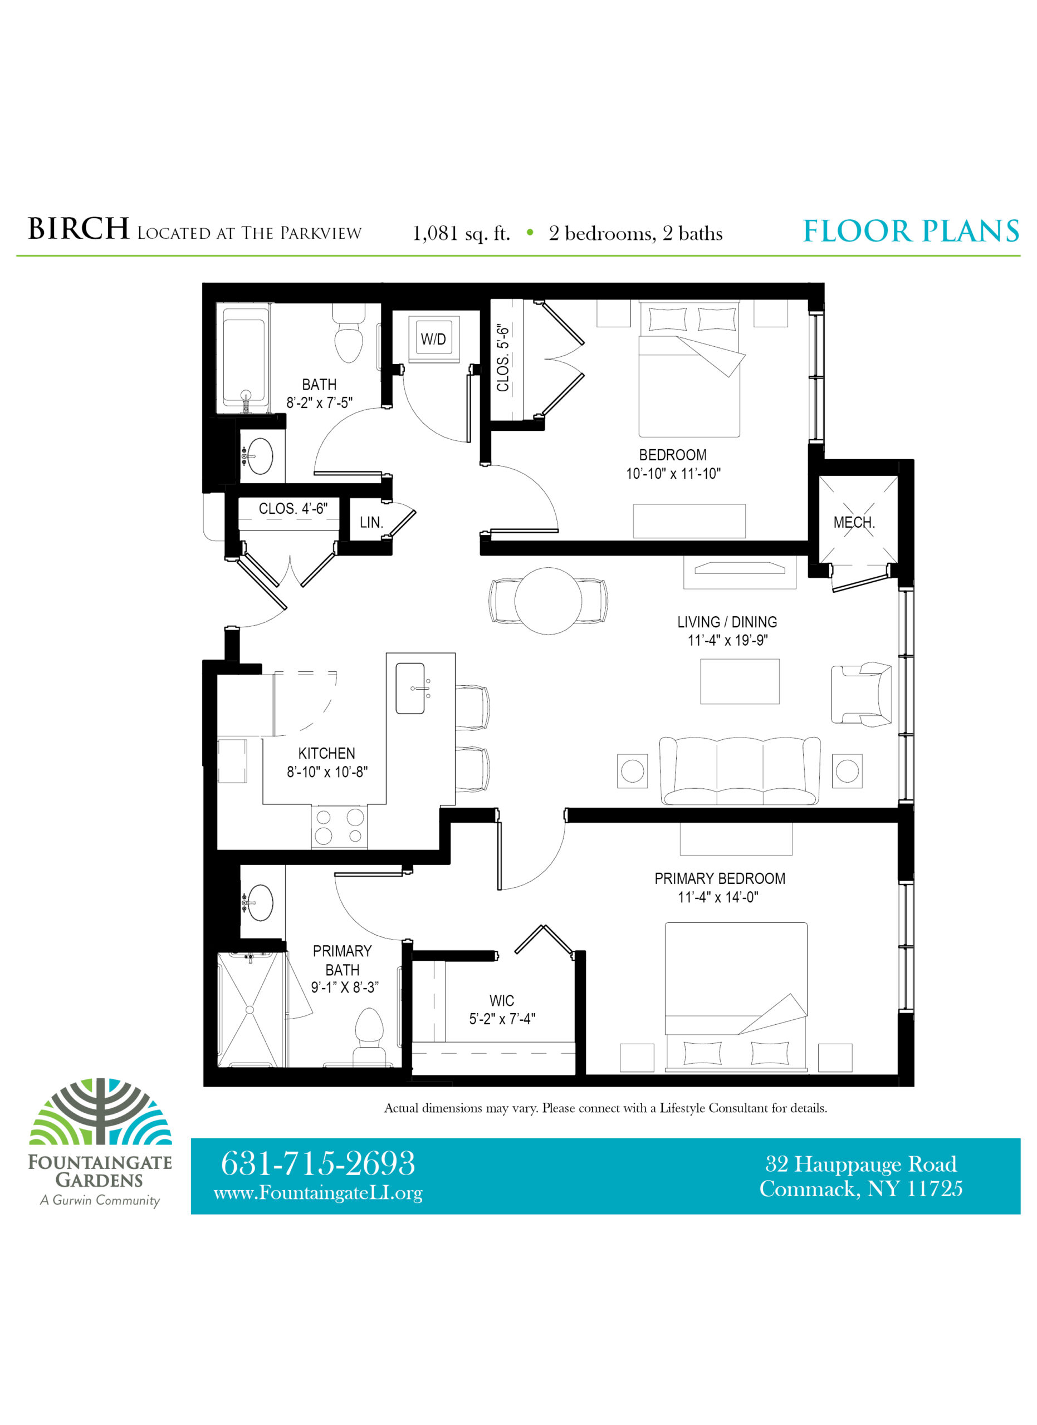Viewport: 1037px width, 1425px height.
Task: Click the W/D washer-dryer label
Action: pos(433,340)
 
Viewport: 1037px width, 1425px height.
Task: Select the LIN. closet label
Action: pos(371,522)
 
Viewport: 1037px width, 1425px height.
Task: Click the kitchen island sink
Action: pos(410,688)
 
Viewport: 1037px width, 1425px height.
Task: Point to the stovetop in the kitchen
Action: pos(339,826)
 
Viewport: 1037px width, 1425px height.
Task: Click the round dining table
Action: pos(548,601)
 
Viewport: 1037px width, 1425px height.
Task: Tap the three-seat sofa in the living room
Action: pos(740,770)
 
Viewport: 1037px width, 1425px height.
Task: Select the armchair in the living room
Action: pos(861,694)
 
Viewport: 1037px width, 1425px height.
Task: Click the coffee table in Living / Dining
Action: pos(740,681)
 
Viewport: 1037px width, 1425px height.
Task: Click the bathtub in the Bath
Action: pos(244,358)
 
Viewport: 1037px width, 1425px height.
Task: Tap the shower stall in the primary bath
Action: pos(251,1010)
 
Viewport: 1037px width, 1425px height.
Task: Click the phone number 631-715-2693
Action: pos(318,1163)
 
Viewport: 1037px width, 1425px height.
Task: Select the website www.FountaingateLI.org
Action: pos(318,1192)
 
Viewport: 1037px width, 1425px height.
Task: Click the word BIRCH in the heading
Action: pos(79,229)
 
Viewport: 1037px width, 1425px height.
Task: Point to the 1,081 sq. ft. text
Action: pos(461,234)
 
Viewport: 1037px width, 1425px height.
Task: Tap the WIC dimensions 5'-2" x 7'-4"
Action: pos(502,1019)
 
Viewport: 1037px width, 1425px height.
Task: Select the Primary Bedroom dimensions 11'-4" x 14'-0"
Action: pos(718,897)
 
